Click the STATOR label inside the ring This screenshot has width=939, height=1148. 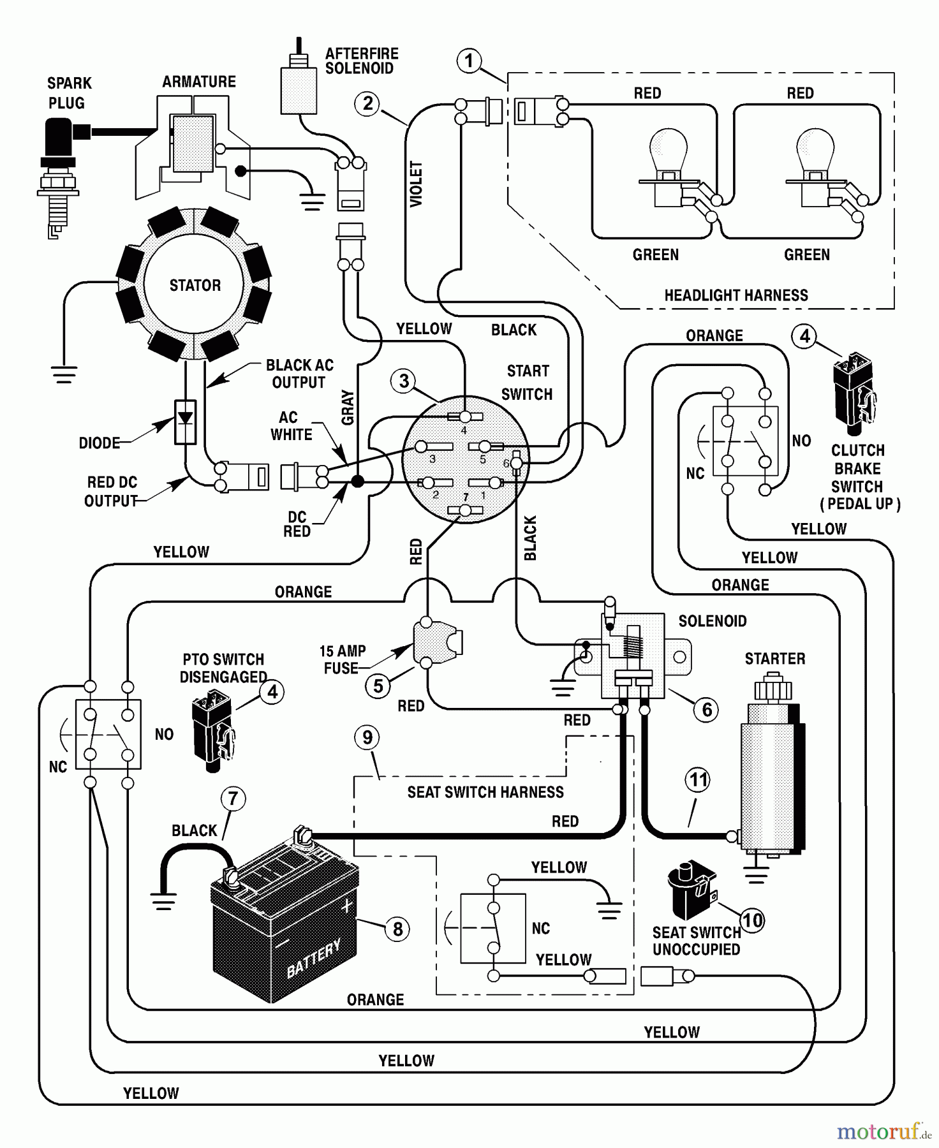click(195, 285)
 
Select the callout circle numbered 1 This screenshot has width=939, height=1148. click(470, 61)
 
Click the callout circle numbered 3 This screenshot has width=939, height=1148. click(404, 381)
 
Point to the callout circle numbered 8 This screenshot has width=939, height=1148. click(397, 929)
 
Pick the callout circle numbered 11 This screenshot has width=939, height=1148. click(698, 779)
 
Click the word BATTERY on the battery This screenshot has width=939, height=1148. click(313, 959)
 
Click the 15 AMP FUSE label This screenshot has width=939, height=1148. click(343, 659)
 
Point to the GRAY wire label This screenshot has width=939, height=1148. click(348, 408)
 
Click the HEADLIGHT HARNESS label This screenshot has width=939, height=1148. click(736, 295)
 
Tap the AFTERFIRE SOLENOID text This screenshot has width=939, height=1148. click(361, 61)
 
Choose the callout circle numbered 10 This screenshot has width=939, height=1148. click(753, 920)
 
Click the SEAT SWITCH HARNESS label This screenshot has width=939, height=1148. click(485, 792)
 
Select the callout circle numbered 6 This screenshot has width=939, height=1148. click(706, 709)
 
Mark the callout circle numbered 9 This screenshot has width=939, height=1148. click(367, 738)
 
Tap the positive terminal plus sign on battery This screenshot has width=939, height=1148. click(346, 906)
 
